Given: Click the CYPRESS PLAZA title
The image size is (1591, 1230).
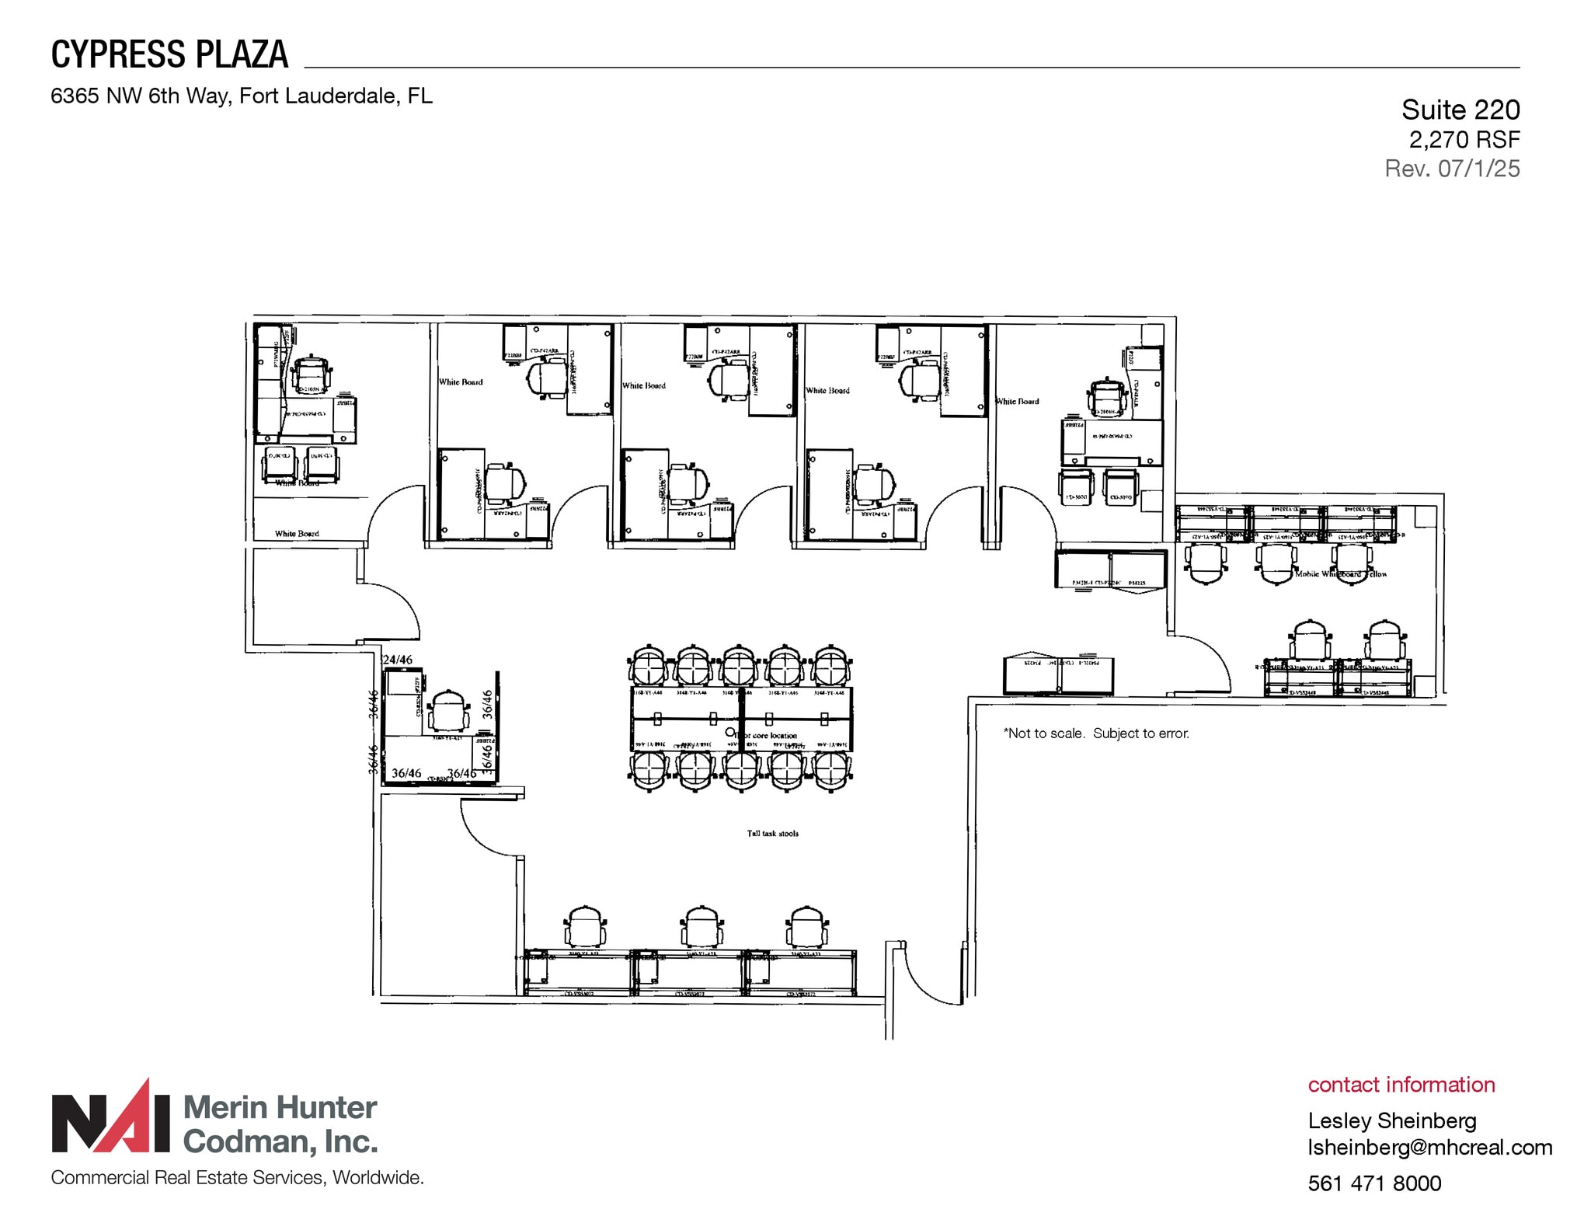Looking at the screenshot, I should click(x=169, y=54).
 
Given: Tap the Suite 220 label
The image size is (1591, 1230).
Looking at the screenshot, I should click(x=1460, y=110).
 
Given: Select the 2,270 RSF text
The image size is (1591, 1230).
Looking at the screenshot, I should click(x=1464, y=140).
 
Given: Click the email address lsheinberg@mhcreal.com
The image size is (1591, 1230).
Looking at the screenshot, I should click(x=1429, y=1148).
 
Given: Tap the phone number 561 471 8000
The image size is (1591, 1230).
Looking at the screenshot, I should click(x=1374, y=1183).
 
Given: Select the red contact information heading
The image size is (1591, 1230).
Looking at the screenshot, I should click(x=1401, y=1085).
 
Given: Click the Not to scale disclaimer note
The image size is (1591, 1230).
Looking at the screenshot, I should click(x=1095, y=733).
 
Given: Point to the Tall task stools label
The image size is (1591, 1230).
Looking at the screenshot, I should click(x=772, y=834).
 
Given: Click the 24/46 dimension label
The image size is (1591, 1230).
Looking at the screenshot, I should click(x=398, y=660).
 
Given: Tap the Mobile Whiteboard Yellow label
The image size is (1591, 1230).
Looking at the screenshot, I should click(x=1340, y=574).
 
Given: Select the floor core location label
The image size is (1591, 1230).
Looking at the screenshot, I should click(x=769, y=735).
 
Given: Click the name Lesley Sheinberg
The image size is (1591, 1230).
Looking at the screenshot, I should click(x=1391, y=1120).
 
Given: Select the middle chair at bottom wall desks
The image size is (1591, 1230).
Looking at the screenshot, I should click(x=702, y=926).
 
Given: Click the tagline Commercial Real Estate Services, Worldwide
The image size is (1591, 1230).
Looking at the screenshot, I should click(x=237, y=1178).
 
